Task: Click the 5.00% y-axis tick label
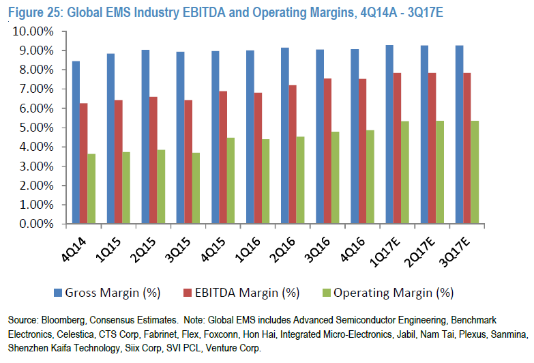33,128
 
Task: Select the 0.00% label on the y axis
33,224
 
